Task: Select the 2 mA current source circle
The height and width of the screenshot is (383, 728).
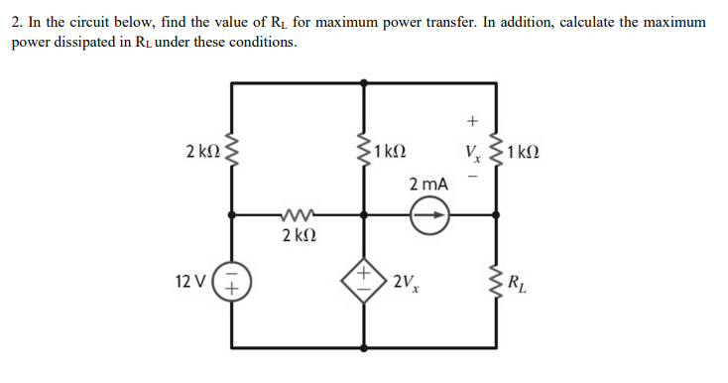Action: (429, 213)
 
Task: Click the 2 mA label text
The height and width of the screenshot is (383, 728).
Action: (427, 185)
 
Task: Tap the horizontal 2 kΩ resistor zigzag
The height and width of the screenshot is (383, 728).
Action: (298, 213)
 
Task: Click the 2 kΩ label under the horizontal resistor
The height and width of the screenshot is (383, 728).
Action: (298, 236)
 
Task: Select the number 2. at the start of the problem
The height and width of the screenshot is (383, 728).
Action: (18, 21)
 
